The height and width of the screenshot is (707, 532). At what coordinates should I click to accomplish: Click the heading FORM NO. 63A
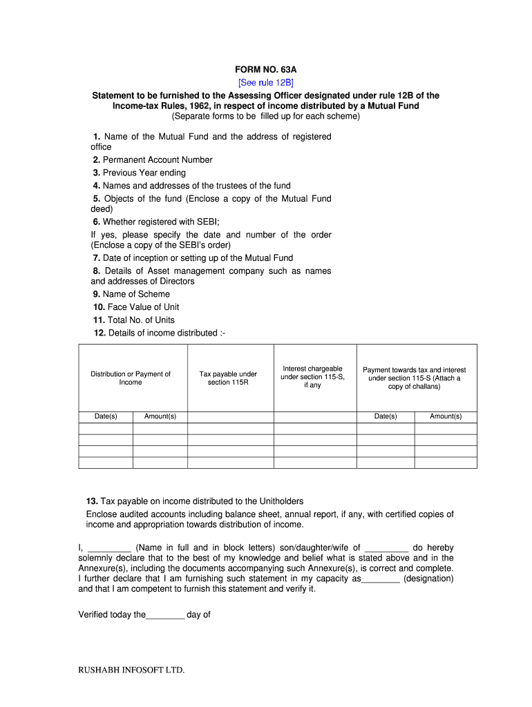[266, 70]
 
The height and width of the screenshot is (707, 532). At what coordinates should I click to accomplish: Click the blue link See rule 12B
[266, 83]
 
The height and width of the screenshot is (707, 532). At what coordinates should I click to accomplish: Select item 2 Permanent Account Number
[153, 159]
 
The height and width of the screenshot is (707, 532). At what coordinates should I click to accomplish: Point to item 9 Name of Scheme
[131, 294]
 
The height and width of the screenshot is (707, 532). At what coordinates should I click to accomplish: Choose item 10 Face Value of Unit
[136, 307]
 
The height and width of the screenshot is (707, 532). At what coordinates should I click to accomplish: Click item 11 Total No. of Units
[134, 320]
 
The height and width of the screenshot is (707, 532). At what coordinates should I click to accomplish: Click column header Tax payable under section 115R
[228, 378]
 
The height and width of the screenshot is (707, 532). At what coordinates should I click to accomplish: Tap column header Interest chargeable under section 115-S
[312, 377]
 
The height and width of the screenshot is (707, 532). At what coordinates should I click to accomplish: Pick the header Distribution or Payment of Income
[131, 378]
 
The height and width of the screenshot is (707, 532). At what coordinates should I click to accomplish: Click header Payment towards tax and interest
[415, 378]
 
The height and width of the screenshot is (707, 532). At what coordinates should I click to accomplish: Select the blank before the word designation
[381, 579]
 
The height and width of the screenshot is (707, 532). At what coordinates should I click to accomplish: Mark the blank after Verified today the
[165, 614]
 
